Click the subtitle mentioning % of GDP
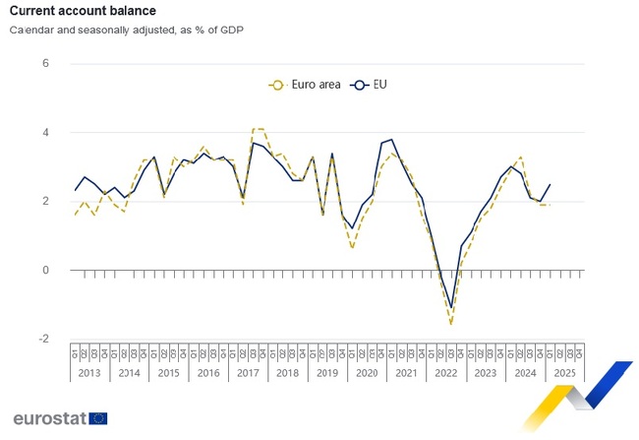[127, 30]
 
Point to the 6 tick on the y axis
[45, 64]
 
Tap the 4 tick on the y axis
[45, 133]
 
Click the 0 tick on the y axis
[45, 270]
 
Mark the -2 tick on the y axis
[43, 339]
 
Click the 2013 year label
[88, 374]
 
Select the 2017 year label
[248, 374]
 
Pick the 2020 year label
[367, 374]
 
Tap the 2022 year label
[446, 374]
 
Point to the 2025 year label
[565, 374]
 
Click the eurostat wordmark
[48, 418]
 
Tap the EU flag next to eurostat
[98, 418]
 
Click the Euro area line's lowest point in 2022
[451, 324]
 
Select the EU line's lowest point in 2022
[451, 308]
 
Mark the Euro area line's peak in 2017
[258, 129]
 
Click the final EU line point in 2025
[550, 184]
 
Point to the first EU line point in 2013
[75, 190]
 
